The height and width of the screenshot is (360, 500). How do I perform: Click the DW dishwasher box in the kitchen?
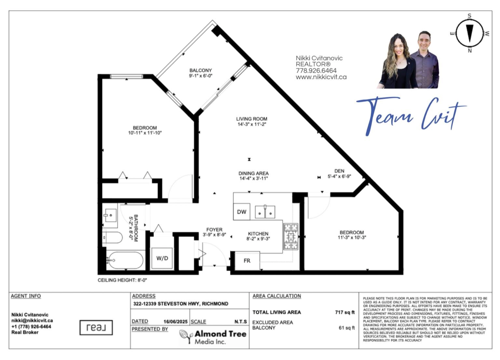coord(242,212)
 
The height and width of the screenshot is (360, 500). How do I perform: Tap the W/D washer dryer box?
coord(162,258)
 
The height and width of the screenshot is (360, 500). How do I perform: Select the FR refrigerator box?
coord(247,261)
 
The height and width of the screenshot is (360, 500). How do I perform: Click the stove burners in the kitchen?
coord(291,237)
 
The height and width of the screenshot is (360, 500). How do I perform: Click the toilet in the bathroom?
coord(112,237)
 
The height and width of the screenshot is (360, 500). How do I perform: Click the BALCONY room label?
coord(200,70)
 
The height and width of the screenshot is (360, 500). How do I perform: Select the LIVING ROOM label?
coord(252,119)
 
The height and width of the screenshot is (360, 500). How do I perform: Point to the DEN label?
coord(339,171)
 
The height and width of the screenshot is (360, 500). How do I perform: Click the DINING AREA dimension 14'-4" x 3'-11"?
coord(254,178)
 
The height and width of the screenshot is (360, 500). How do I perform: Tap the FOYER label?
coord(214,230)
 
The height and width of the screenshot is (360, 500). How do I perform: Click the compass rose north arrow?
coord(470,33)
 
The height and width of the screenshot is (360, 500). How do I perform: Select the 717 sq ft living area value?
coord(345,312)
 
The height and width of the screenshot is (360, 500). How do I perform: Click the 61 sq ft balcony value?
coord(347,328)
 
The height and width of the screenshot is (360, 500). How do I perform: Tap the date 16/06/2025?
coord(175,322)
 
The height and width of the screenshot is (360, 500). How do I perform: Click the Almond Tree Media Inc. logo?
coord(213,337)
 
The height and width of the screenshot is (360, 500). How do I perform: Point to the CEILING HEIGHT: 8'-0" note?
coord(122,280)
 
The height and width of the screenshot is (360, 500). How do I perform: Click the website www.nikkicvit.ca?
coord(321,77)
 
